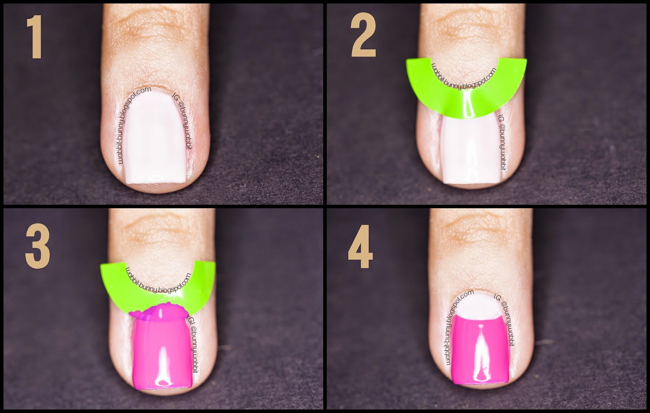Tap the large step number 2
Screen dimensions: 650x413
point(364,35)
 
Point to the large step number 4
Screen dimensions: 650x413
point(361,246)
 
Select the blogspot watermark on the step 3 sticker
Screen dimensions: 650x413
point(158,282)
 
